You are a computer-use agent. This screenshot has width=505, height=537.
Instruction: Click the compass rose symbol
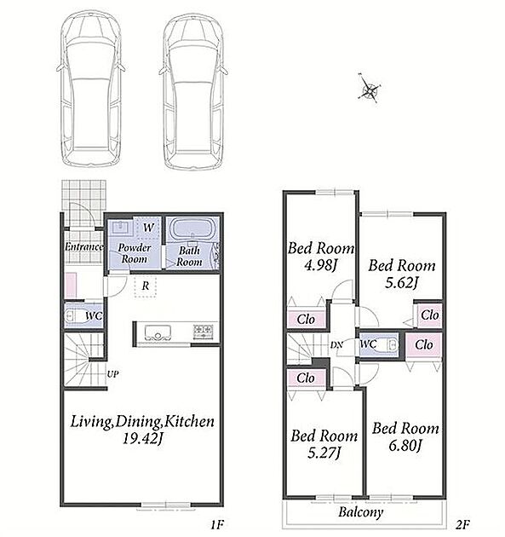[x=370, y=89]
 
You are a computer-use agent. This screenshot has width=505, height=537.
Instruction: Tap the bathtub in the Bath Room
[x=192, y=228]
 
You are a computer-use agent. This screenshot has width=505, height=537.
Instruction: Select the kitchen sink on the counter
[x=158, y=332]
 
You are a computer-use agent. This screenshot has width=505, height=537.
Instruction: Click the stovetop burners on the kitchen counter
[x=204, y=332]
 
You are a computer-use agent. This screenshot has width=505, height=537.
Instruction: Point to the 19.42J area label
[x=143, y=439]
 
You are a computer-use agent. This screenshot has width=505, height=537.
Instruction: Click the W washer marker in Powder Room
[x=148, y=228]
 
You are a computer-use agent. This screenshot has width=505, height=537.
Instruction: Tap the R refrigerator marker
[x=146, y=286]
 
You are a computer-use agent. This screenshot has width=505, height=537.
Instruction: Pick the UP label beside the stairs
[x=113, y=374]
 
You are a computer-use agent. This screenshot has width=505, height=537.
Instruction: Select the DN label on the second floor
[x=336, y=345]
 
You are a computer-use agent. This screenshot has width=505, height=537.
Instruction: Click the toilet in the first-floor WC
[x=74, y=315]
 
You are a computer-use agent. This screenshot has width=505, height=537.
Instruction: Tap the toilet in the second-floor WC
[x=389, y=344]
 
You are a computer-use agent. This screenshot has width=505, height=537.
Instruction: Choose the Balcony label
[x=360, y=512]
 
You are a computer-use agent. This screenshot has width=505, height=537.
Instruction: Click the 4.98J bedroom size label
[x=321, y=265]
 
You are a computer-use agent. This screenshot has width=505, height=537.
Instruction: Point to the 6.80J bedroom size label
[x=405, y=446]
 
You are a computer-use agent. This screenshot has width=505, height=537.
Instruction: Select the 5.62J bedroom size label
[x=402, y=283]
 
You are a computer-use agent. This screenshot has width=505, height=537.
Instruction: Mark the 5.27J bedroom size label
[x=324, y=453]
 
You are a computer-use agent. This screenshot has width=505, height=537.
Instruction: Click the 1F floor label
[x=217, y=524]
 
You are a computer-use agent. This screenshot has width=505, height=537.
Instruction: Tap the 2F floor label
[x=463, y=524]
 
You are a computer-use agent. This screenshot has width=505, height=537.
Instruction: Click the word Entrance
[x=83, y=247]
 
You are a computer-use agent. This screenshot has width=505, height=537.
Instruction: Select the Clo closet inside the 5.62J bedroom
[x=430, y=315]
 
